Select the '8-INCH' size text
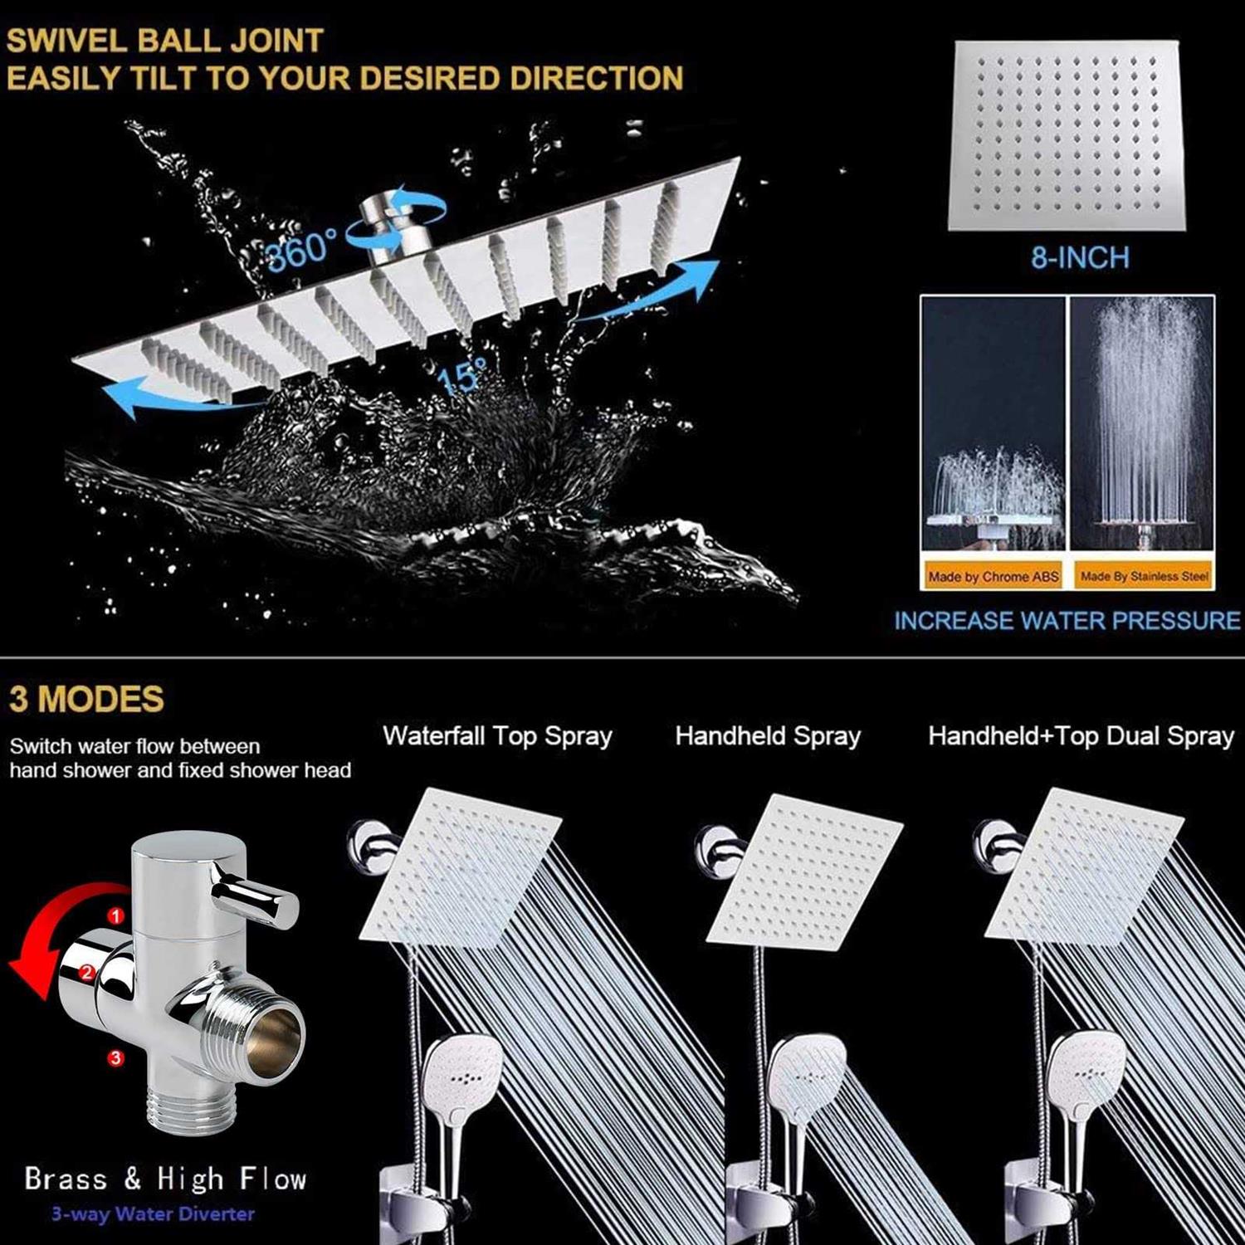(x=1080, y=257)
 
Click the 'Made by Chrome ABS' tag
(x=993, y=577)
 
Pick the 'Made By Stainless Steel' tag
(x=1144, y=576)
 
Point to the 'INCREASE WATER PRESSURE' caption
(x=1067, y=621)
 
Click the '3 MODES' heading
(x=86, y=699)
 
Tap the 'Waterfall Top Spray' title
(x=497, y=736)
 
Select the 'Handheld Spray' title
(x=768, y=736)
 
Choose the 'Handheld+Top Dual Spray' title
(x=1081, y=736)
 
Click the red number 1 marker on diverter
(x=116, y=915)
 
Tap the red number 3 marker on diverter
(x=115, y=1057)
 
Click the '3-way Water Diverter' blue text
(x=153, y=1213)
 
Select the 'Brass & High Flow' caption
(x=165, y=1179)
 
